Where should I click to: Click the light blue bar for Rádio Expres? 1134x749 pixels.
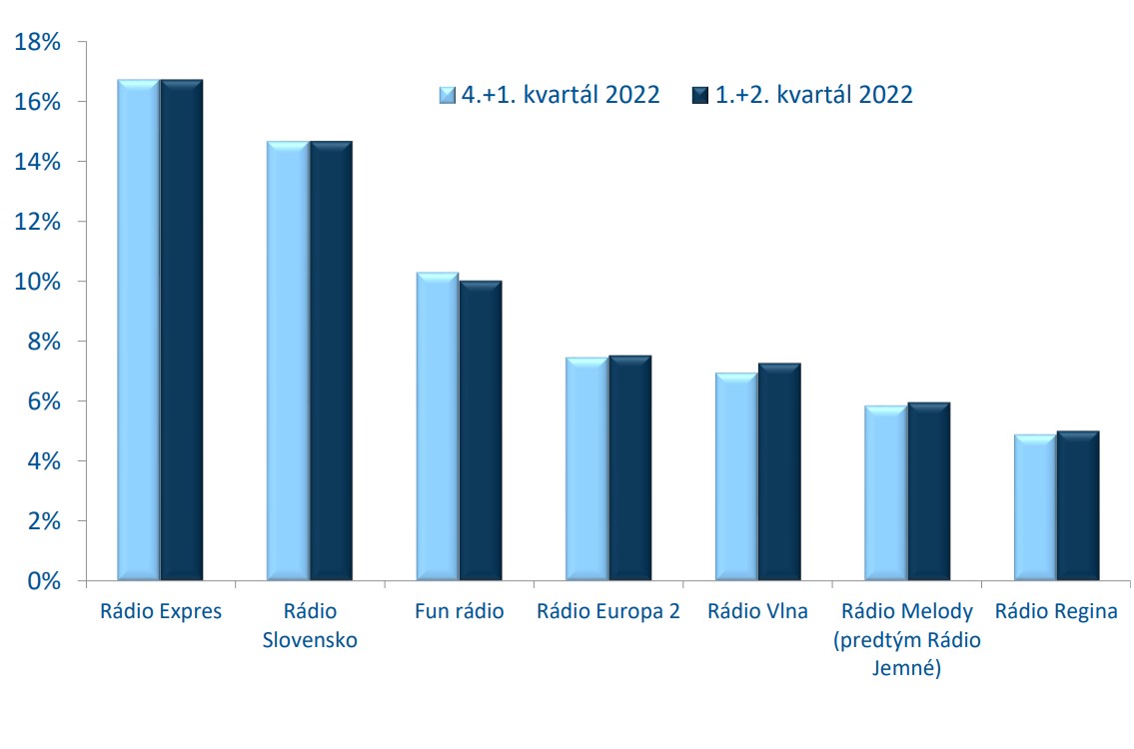[139, 330]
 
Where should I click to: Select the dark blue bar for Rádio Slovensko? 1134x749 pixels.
[332, 361]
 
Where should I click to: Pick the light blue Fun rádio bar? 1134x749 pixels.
[438, 426]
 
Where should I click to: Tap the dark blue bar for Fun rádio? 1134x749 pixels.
[481, 430]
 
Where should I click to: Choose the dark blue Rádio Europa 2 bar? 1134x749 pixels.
[629, 467]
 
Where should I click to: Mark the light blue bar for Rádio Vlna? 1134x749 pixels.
[736, 476]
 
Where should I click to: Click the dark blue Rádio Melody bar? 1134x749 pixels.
[928, 491]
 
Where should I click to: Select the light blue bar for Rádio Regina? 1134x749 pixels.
[1035, 507]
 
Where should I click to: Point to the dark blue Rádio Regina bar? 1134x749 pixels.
[1078, 506]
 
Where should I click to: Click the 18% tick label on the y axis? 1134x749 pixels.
[38, 42]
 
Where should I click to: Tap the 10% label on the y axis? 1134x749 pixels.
[38, 282]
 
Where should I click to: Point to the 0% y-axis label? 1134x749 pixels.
[44, 580]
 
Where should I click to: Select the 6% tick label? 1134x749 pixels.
[44, 401]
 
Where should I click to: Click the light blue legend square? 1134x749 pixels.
[448, 95]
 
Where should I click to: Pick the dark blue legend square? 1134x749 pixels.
[700, 95]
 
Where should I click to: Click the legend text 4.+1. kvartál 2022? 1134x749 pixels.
[561, 95]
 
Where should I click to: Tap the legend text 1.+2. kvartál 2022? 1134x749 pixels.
[814, 95]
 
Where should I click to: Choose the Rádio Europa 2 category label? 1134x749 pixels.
[608, 611]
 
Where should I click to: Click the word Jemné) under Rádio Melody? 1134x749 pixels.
[907, 667]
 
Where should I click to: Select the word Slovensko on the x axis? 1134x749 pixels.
[310, 640]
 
